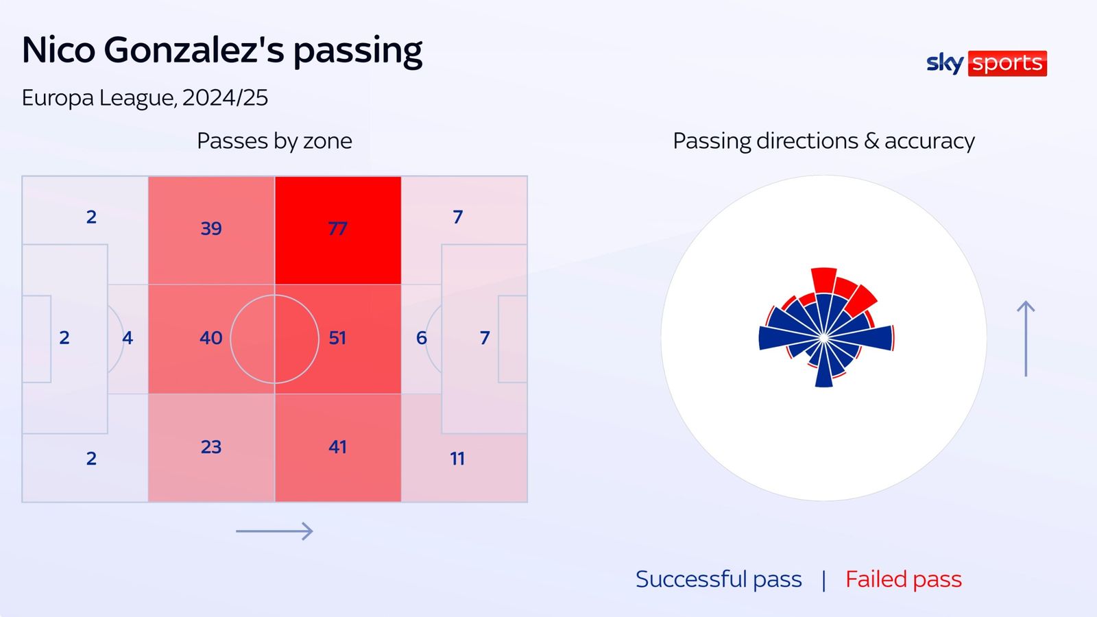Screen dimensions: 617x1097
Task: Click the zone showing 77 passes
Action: (337, 228)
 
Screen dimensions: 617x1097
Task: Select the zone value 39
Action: (211, 228)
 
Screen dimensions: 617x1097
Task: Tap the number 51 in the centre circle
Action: (337, 338)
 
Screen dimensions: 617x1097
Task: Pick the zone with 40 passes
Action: (211, 338)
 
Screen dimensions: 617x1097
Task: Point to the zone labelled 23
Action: (211, 447)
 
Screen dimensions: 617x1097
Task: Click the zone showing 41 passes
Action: (337, 447)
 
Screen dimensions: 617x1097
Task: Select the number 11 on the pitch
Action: (457, 459)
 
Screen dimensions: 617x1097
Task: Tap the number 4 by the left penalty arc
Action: (128, 338)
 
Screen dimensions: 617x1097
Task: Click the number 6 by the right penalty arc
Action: (421, 338)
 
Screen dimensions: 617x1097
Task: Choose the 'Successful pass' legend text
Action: (718, 579)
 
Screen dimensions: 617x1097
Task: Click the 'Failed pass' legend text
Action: (903, 579)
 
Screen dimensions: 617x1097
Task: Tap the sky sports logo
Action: (986, 63)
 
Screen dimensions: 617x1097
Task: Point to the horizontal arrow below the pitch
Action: (274, 531)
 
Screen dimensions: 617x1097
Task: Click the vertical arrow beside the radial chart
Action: (1026, 339)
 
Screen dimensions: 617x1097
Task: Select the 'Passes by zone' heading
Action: (274, 141)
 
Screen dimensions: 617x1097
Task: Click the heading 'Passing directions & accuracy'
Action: (823, 141)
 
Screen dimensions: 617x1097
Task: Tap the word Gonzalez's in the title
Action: (193, 50)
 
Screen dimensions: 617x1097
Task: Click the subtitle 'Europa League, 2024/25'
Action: (145, 97)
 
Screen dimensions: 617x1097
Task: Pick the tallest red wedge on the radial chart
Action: (824, 280)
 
